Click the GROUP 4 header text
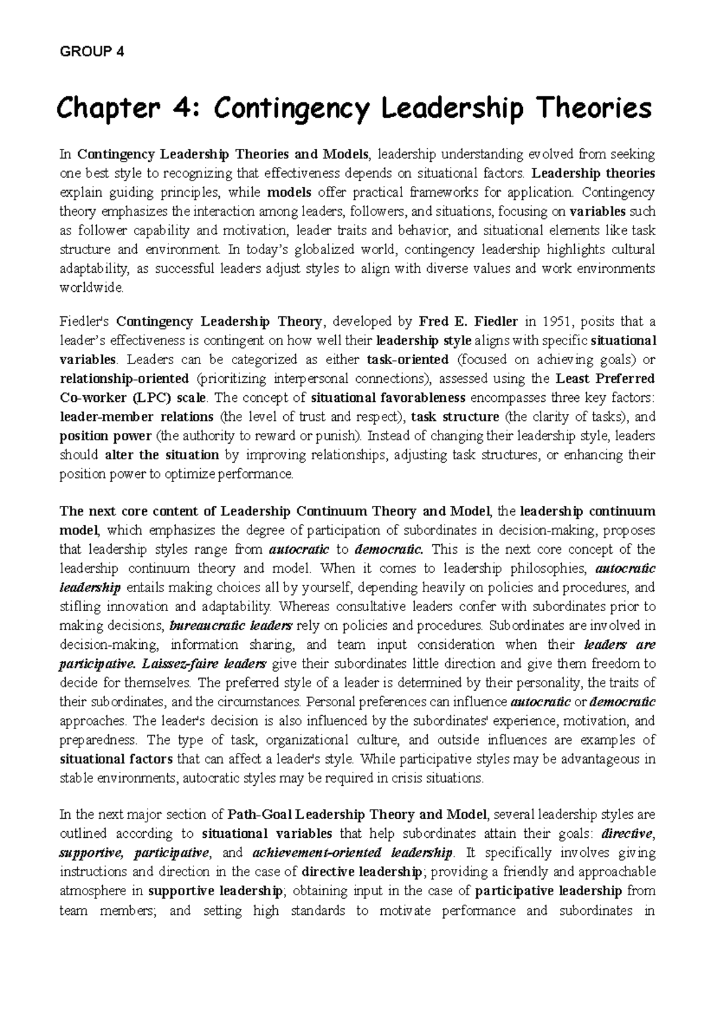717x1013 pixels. [x=92, y=51]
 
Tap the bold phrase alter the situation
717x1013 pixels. [x=162, y=455]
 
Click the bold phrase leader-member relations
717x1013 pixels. [x=137, y=417]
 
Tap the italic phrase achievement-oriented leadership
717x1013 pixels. [x=353, y=853]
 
